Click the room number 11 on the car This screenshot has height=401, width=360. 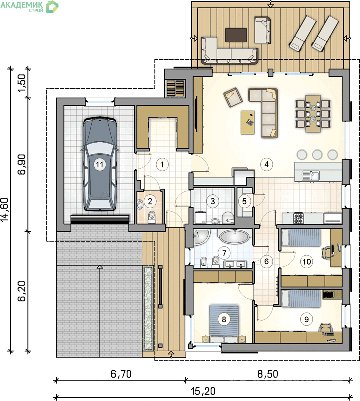point(100,164)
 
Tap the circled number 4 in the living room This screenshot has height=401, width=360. point(266,164)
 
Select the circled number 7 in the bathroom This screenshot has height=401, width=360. point(224,253)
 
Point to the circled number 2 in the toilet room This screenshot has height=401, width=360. point(150,202)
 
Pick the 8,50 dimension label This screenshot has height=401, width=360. point(267,374)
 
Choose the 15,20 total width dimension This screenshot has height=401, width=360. point(203,391)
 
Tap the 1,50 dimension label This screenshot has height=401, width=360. point(22,82)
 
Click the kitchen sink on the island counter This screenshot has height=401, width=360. point(310,176)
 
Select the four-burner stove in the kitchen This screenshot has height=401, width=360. point(298,218)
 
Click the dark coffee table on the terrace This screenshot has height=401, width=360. point(236,35)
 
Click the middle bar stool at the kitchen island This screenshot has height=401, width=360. point(317,155)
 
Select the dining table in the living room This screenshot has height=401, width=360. point(313,114)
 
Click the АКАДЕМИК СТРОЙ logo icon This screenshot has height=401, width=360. point(52,7)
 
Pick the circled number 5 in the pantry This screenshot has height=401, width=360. point(244,202)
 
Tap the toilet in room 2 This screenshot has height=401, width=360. point(152,217)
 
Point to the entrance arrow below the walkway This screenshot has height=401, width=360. point(171,354)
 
